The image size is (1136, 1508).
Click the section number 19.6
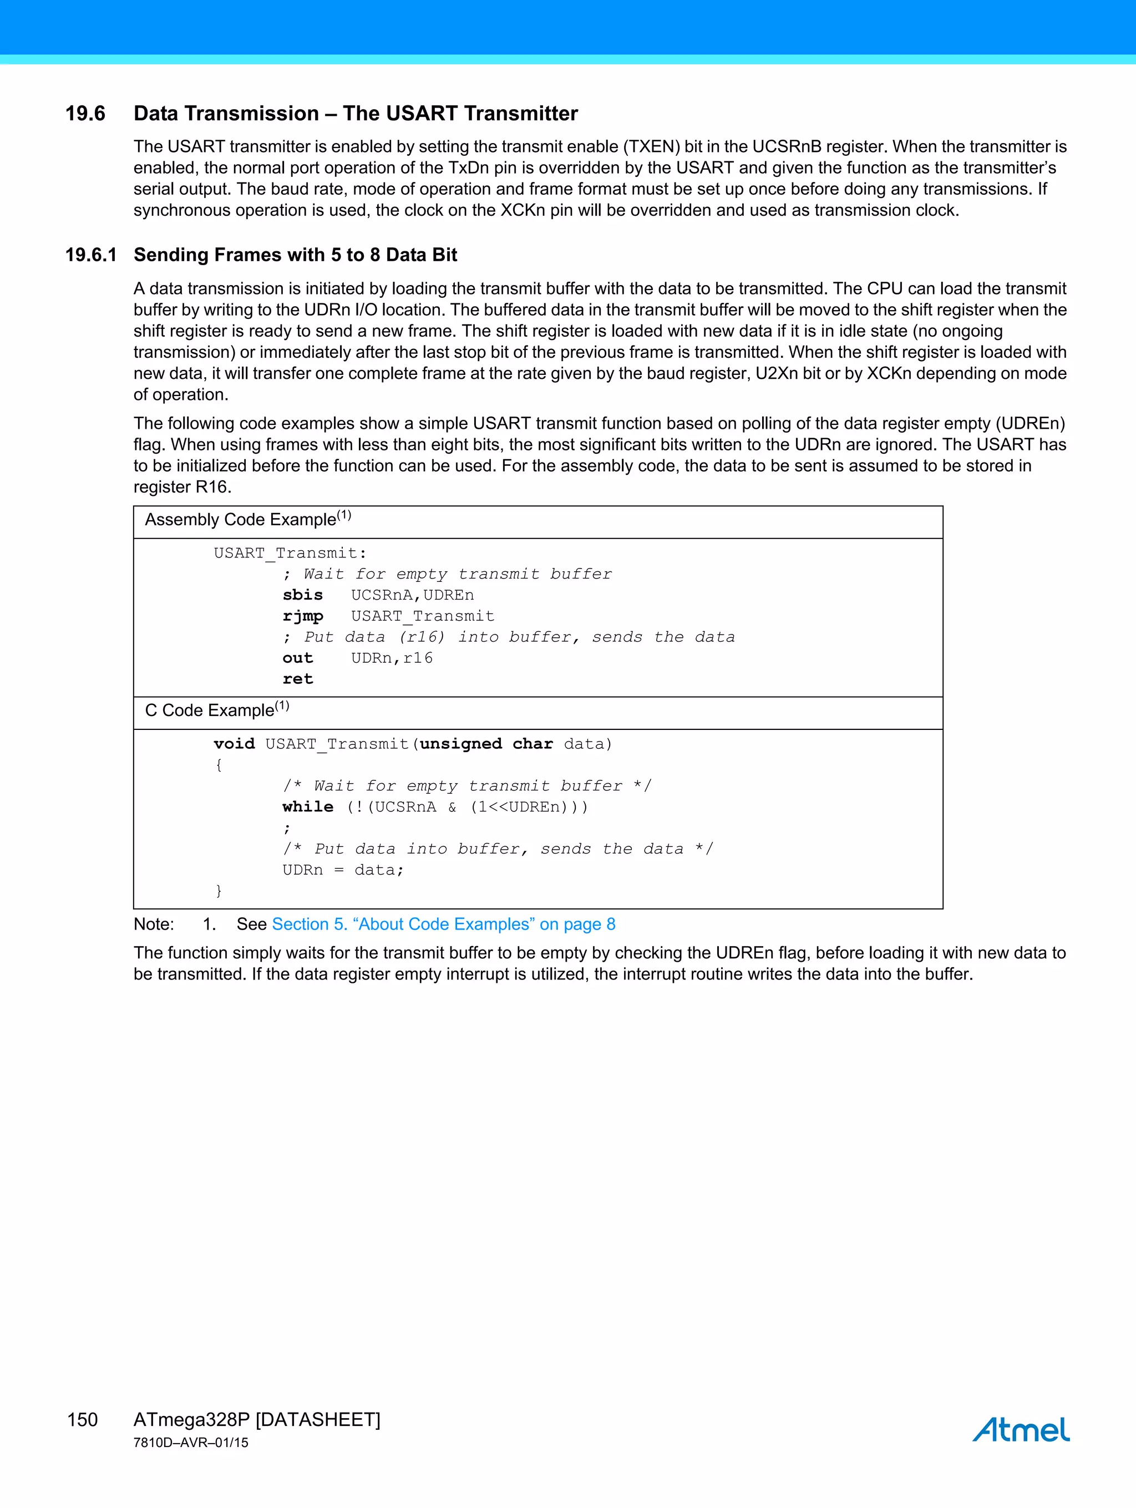click(85, 113)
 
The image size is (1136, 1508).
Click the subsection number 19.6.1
click(90, 255)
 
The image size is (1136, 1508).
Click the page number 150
click(83, 1419)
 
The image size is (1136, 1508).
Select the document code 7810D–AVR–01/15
click(191, 1443)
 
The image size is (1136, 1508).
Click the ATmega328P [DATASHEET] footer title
click(256, 1419)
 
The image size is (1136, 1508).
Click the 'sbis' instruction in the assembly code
click(303, 595)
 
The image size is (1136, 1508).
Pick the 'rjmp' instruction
click(303, 616)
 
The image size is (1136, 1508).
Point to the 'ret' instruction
click(298, 679)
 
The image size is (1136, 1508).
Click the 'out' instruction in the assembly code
click(298, 658)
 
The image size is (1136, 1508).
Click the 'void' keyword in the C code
click(234, 744)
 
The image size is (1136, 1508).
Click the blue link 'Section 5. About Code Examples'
click(443, 925)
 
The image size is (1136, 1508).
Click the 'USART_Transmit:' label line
click(290, 553)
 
